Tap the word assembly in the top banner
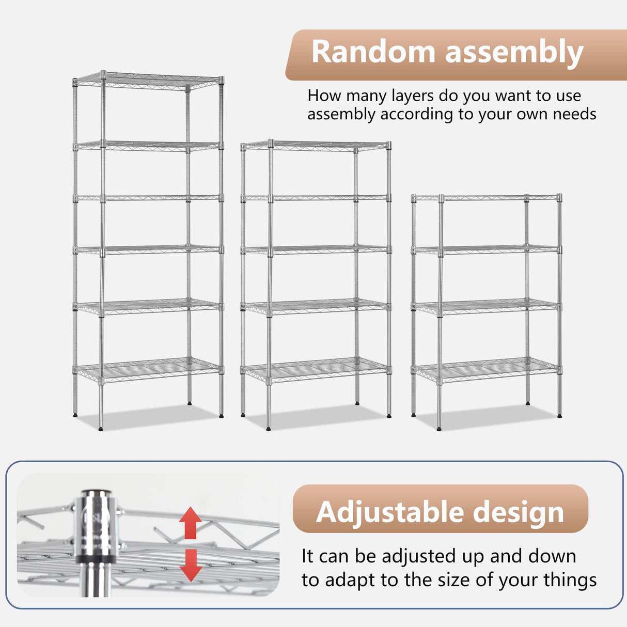(x=514, y=53)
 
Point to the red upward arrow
(x=190, y=522)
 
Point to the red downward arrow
(x=191, y=565)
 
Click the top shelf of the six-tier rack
(x=148, y=81)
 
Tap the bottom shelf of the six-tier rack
(x=148, y=370)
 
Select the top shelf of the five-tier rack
(x=315, y=146)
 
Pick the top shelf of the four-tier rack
(x=487, y=197)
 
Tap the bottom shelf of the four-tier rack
(x=487, y=370)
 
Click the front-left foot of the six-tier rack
(x=101, y=428)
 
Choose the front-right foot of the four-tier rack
(x=559, y=414)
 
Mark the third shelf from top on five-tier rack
(x=315, y=249)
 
